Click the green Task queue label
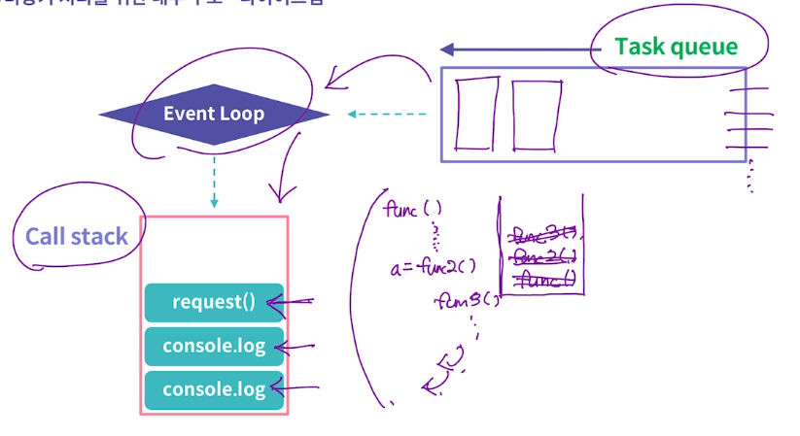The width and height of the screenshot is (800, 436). [x=676, y=47]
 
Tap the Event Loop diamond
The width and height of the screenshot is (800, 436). [x=214, y=115]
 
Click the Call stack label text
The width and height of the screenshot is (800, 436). [x=76, y=237]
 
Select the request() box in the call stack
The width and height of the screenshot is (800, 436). [x=214, y=302]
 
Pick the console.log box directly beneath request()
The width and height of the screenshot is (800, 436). [x=214, y=347]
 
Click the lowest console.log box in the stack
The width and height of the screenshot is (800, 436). [x=214, y=389]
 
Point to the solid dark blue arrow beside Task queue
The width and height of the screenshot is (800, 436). [x=515, y=49]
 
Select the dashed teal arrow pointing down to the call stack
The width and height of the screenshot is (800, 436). [x=214, y=181]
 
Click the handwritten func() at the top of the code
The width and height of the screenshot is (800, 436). [x=413, y=209]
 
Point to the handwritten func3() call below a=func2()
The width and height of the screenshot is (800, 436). [x=468, y=301]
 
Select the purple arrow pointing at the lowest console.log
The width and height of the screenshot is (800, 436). [x=296, y=390]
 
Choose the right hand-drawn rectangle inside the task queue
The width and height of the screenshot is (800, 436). [x=536, y=115]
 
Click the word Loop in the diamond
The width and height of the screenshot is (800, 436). [x=242, y=115]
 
